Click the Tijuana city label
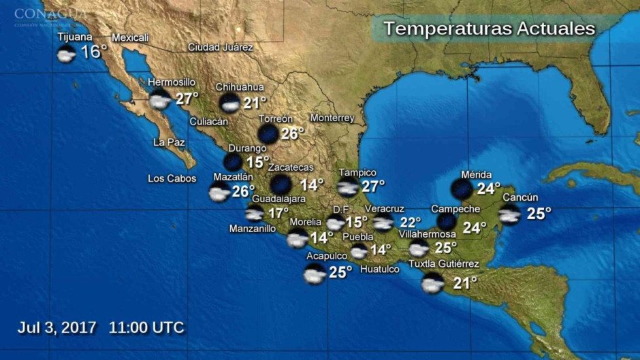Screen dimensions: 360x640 [75, 37]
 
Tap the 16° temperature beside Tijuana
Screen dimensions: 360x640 [95, 52]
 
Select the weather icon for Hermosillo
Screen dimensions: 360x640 [159, 99]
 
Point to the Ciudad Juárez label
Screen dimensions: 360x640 [221, 48]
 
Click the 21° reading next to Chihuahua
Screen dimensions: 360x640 [255, 103]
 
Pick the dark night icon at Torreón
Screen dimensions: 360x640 [268, 133]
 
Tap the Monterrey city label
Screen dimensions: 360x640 [332, 118]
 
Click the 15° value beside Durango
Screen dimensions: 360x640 [257, 162]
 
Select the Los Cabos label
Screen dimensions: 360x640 [172, 179]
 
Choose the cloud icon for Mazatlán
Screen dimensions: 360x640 [219, 192]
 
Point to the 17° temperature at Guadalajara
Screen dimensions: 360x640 [278, 213]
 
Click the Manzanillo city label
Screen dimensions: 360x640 [252, 229]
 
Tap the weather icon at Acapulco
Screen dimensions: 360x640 [315, 274]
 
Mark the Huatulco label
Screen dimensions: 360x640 [379, 269]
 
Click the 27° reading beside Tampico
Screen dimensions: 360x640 [373, 185]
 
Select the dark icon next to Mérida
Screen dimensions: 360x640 [462, 189]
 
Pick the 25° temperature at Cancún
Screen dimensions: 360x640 [539, 214]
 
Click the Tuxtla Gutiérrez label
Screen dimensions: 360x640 [443, 264]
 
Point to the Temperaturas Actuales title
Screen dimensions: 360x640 [489, 29]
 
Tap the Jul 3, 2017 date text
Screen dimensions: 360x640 [57, 327]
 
